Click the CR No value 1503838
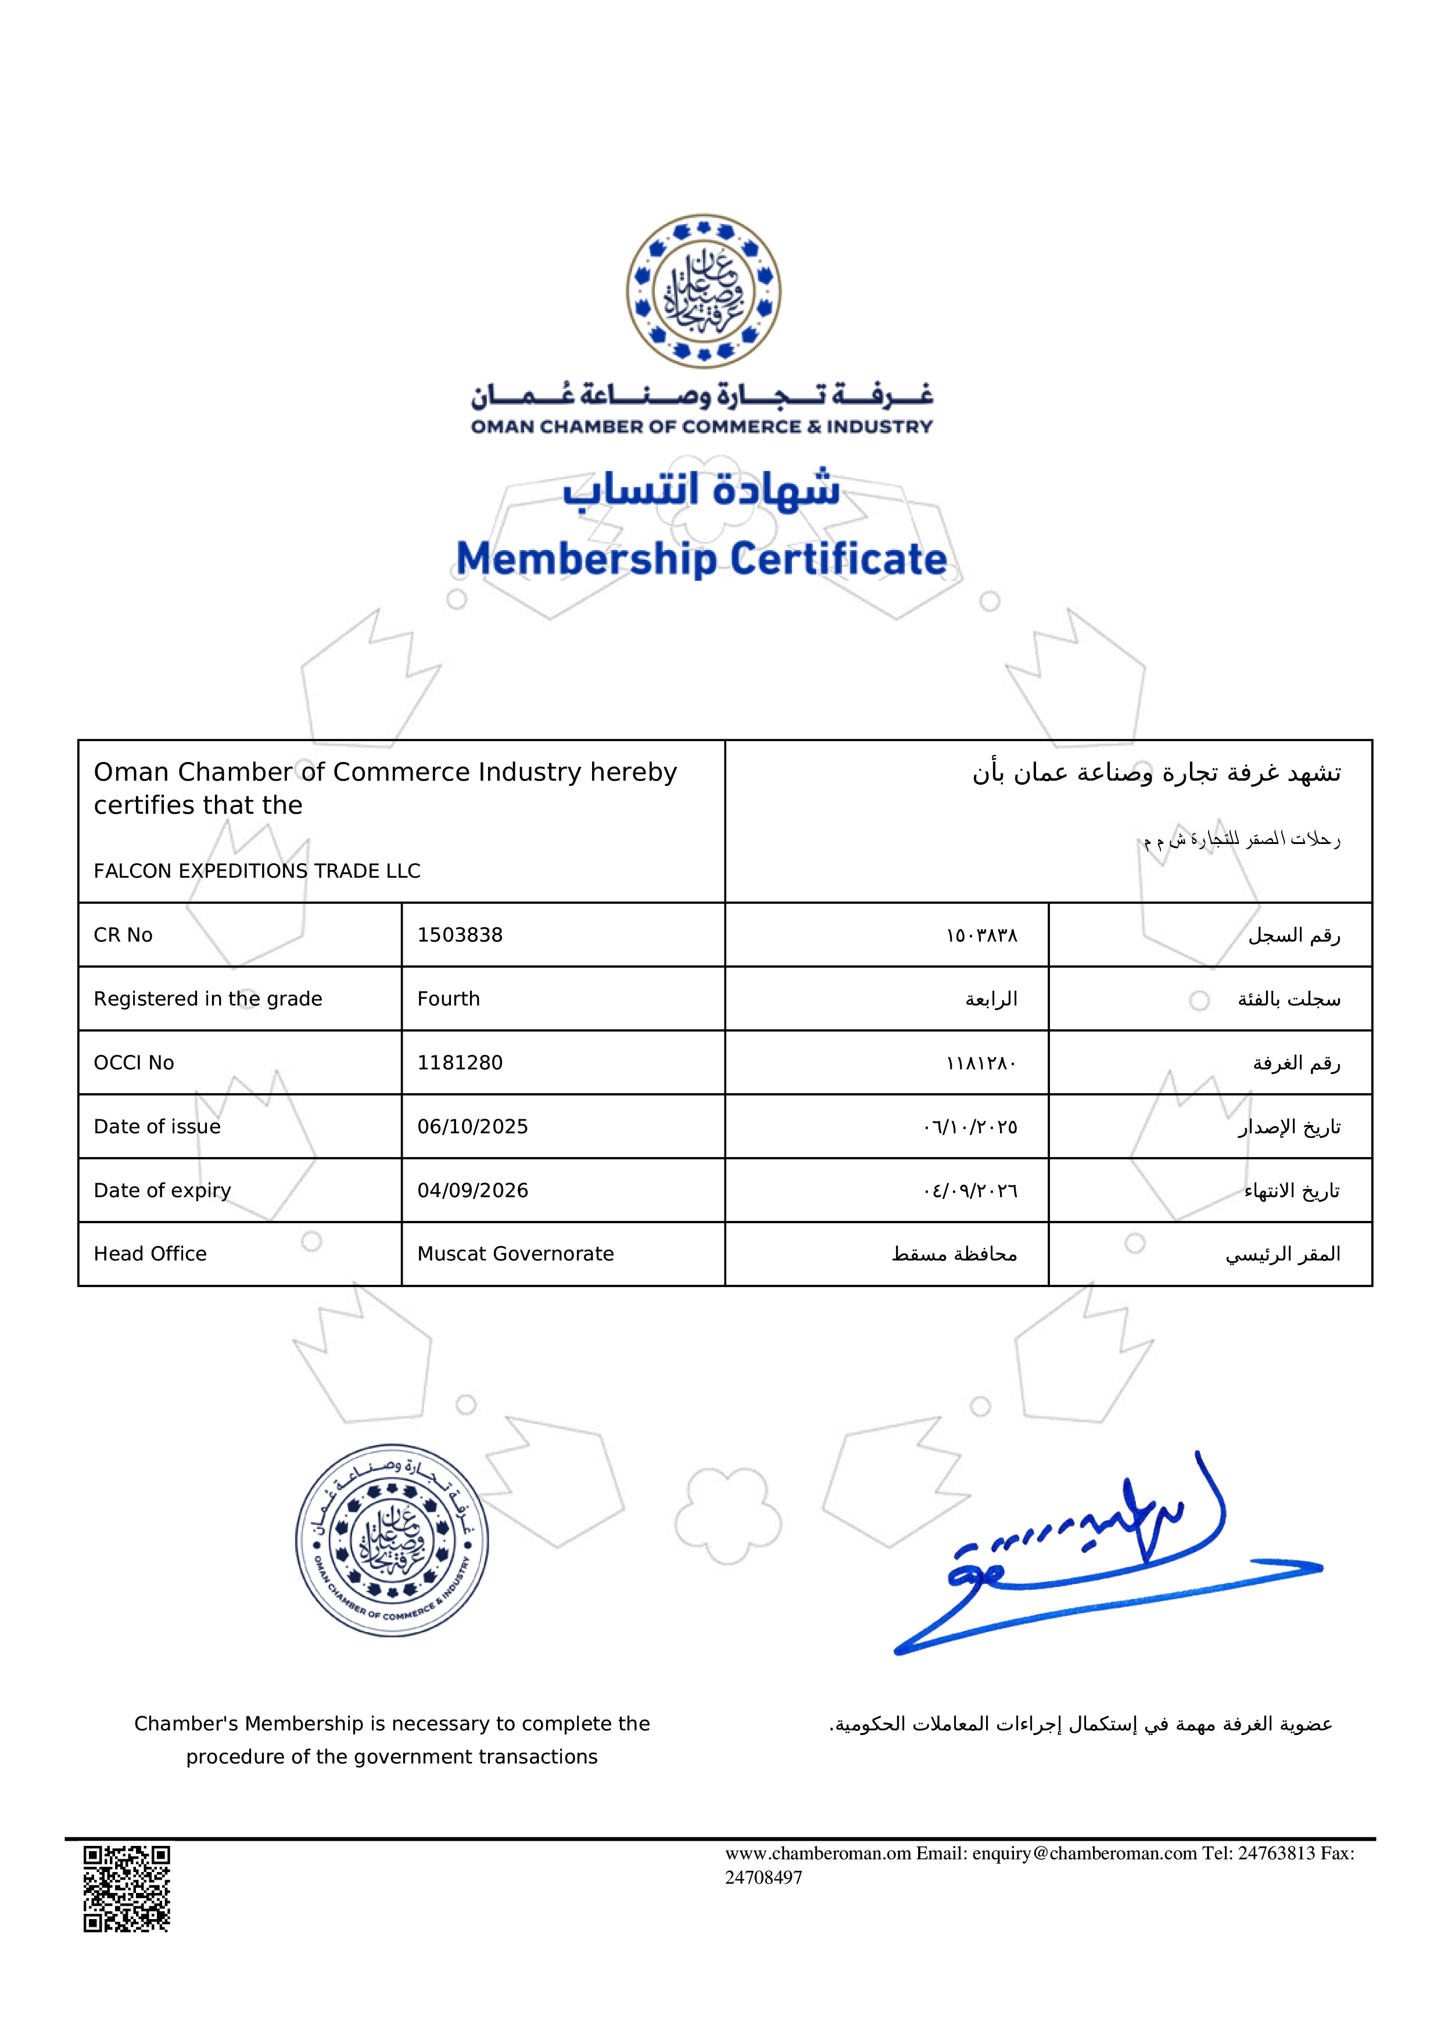pyautogui.click(x=460, y=935)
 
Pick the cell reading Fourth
pyautogui.click(x=448, y=999)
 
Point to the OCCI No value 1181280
pyautogui.click(x=460, y=1063)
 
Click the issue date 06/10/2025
pyautogui.click(x=472, y=1127)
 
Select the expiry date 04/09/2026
pyautogui.click(x=472, y=1191)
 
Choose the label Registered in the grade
pyautogui.click(x=207, y=999)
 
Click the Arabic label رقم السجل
pyautogui.click(x=1294, y=935)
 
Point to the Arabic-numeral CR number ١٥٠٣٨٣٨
pyautogui.click(x=981, y=936)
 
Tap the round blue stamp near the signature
pyautogui.click(x=391, y=1540)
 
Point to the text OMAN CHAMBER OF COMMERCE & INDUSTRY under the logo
pyautogui.click(x=702, y=427)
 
